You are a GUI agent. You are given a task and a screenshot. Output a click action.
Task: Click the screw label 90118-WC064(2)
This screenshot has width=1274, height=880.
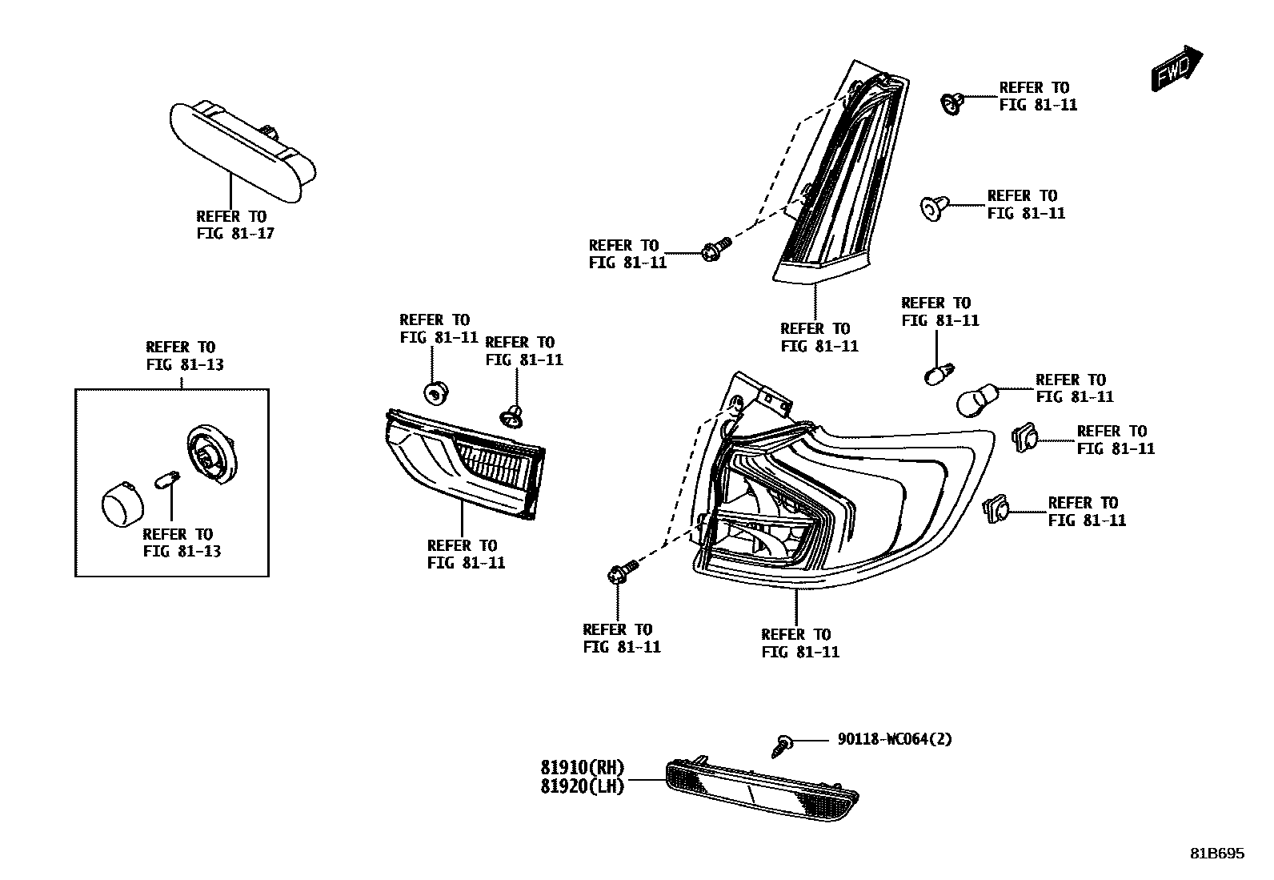coord(895,739)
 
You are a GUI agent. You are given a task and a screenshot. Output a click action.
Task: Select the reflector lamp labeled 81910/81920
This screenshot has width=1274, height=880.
coord(760,788)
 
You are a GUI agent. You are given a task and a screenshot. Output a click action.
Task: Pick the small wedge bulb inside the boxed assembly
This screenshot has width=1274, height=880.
coord(166,482)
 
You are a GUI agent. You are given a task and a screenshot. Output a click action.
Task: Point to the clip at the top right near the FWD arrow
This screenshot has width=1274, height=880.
coord(950,102)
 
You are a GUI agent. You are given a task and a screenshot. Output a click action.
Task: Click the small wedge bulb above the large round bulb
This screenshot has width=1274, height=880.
coord(938,374)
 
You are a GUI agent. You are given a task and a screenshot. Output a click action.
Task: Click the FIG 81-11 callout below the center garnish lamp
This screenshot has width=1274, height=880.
coord(465,554)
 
